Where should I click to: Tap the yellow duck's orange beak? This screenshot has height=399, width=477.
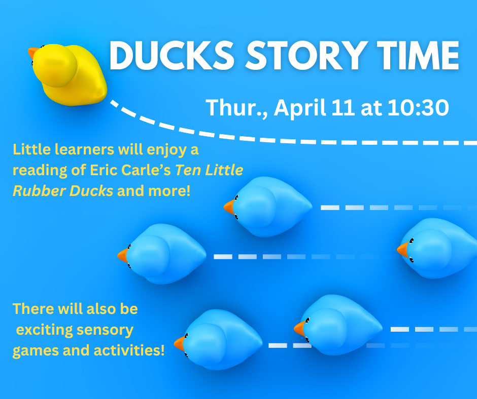33,54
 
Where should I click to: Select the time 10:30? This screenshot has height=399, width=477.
418,108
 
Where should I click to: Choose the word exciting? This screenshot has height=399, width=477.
44,330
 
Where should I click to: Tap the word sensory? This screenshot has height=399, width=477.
105,330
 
